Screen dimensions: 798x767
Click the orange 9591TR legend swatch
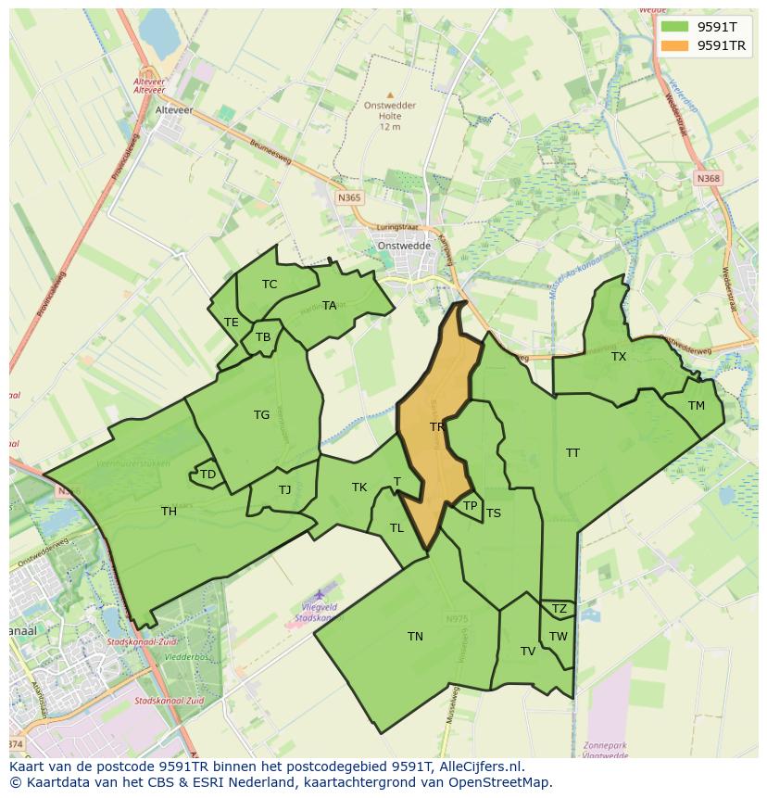pos(676,45)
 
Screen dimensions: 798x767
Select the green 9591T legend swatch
pos(676,27)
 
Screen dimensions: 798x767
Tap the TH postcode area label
pos(169,511)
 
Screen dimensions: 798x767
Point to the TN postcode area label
pos(415,636)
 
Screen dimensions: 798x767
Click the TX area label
pos(619,357)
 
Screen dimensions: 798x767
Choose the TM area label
pos(697,406)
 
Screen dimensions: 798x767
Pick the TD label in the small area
pos(207,475)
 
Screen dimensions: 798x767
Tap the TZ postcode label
pos(559,609)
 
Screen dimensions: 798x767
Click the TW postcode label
pos(558,636)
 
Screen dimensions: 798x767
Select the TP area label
pos(470,506)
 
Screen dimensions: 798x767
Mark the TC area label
pos(270,285)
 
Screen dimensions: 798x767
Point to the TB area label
pos(263,337)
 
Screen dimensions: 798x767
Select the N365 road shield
pos(349,197)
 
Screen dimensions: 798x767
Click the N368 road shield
pos(709,178)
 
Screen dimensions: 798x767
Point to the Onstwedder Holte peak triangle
pos(390,95)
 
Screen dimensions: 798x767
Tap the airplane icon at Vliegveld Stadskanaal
pos(321,593)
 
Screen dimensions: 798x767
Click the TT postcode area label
pos(572,453)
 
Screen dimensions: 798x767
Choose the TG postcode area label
pos(261,415)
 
